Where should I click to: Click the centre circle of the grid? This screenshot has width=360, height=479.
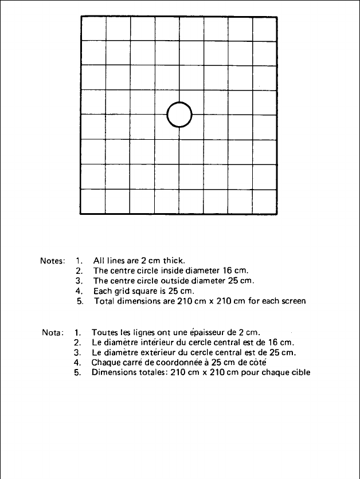179,115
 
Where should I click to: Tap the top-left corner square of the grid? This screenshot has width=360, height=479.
93,29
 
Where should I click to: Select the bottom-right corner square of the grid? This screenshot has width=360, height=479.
265,201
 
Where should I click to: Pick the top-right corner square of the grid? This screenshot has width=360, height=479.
265,29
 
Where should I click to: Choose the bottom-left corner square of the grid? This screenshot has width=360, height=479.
93,201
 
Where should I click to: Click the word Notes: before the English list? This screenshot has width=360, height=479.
53,260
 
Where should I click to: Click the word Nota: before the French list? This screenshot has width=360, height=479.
53,331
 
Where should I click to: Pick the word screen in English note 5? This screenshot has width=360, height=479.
292,301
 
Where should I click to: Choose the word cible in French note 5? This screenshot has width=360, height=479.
300,372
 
